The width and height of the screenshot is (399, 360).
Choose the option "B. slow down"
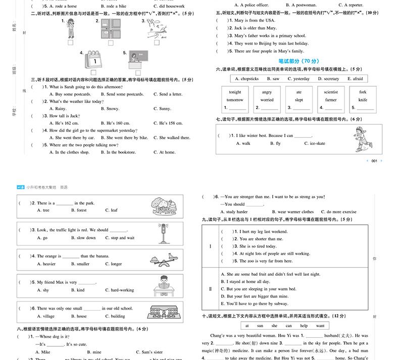coord(83,238)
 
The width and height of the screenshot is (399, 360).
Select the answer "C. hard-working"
coord(120,290)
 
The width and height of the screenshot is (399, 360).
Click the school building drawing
coord(163,313)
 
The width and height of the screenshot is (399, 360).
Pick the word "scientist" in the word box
coord(331,92)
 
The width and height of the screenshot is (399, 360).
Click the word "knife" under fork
coord(363,100)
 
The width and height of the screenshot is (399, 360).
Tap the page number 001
coord(374,161)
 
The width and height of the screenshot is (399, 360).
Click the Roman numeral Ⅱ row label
coord(210,289)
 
